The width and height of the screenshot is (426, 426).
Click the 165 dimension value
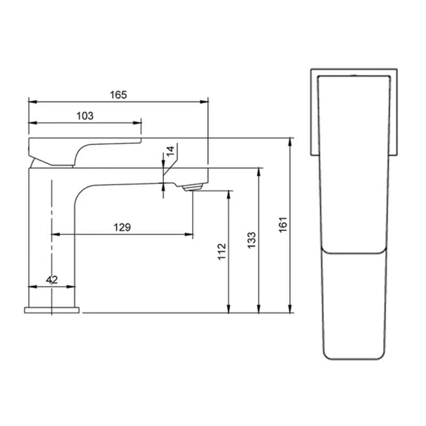[x=118, y=95]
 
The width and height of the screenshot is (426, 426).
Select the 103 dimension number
[x=85, y=116]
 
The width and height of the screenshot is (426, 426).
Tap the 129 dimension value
[x=122, y=227]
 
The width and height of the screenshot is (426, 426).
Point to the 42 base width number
[x=52, y=280]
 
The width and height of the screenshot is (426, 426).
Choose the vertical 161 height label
[x=283, y=225]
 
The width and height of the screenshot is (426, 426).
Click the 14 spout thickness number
[x=170, y=151]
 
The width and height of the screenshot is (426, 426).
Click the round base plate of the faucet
[x=52, y=310]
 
